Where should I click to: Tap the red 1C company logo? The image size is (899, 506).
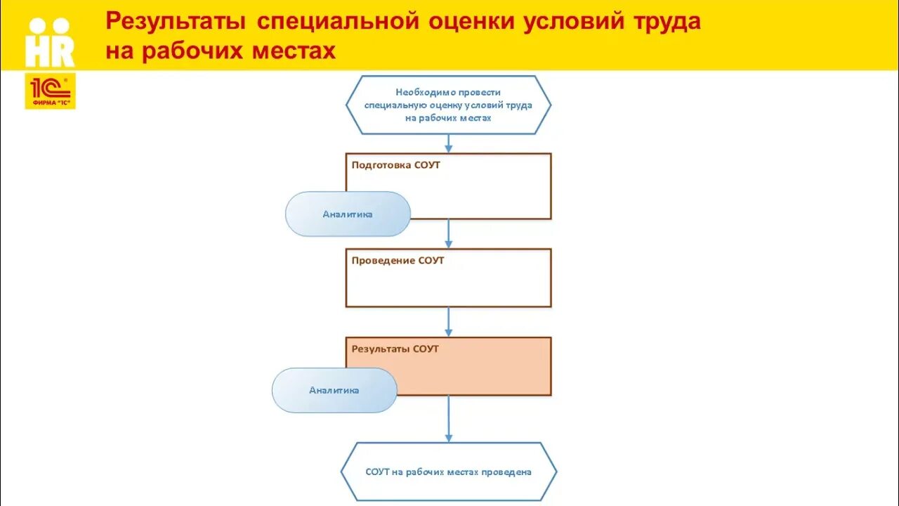(50, 91)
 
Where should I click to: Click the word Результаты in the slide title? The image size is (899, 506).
(176, 22)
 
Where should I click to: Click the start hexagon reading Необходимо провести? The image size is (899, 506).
(448, 105)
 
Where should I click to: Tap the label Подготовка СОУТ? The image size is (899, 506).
(396, 165)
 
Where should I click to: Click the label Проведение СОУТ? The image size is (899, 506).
(398, 261)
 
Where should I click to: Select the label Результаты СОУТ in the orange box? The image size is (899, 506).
(395, 349)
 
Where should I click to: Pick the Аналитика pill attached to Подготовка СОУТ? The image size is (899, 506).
(348, 214)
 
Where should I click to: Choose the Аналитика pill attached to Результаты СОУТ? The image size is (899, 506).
(334, 390)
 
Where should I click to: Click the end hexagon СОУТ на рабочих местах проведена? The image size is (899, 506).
(448, 472)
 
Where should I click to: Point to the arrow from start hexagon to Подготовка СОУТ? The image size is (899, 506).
(448, 143)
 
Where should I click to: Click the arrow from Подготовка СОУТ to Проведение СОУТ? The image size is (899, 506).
(448, 233)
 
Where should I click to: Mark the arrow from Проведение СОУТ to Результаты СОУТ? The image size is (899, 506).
(448, 322)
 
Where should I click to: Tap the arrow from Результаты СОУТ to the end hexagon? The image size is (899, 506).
(448, 419)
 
